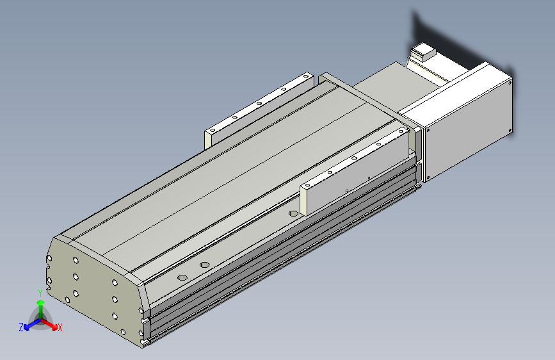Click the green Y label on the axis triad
click(x=40, y=293)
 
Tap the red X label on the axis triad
click(x=60, y=327)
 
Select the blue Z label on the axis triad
click(x=21, y=327)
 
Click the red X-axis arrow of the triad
click(x=49, y=324)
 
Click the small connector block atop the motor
click(x=424, y=51)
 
